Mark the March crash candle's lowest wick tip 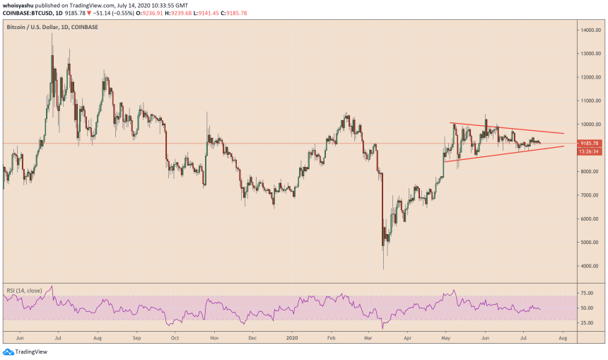(383, 269)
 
